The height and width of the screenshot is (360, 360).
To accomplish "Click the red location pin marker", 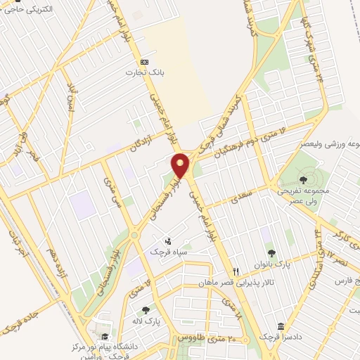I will point(181,165).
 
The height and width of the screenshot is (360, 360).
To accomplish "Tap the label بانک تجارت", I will point(139,72).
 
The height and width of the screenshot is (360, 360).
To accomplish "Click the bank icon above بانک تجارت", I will point(144,60).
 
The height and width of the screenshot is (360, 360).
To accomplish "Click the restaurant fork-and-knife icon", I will point(236,271).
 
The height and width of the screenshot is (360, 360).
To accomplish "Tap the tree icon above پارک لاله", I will point(146,309).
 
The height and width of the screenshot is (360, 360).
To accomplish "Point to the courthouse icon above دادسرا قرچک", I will point(281,327).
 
